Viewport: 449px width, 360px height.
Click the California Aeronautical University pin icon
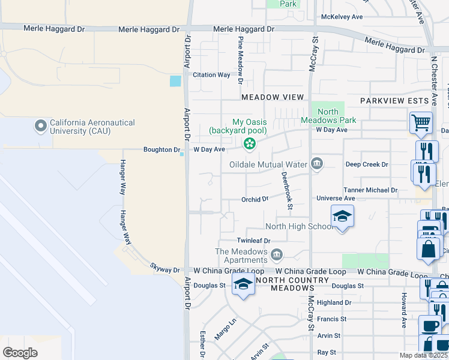(x=41, y=126)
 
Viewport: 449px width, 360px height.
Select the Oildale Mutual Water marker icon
(x=316, y=164)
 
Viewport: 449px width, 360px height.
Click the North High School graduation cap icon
(x=342, y=217)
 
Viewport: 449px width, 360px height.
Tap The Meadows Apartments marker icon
(x=277, y=256)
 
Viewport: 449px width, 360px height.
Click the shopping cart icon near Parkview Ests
(x=421, y=123)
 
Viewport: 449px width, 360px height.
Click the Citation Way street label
(x=211, y=75)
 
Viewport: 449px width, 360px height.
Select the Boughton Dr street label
(x=162, y=149)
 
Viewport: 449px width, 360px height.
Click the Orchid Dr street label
(x=255, y=199)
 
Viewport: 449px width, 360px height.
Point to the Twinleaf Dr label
(x=254, y=241)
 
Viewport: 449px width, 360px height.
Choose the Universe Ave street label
(x=336, y=198)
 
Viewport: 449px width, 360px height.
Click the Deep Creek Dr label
(x=367, y=164)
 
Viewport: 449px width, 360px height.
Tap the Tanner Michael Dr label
(x=370, y=190)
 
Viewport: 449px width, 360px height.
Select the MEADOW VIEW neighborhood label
(x=273, y=97)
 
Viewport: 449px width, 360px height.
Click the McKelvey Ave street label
(x=342, y=17)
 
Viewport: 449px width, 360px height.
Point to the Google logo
(x=20, y=353)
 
